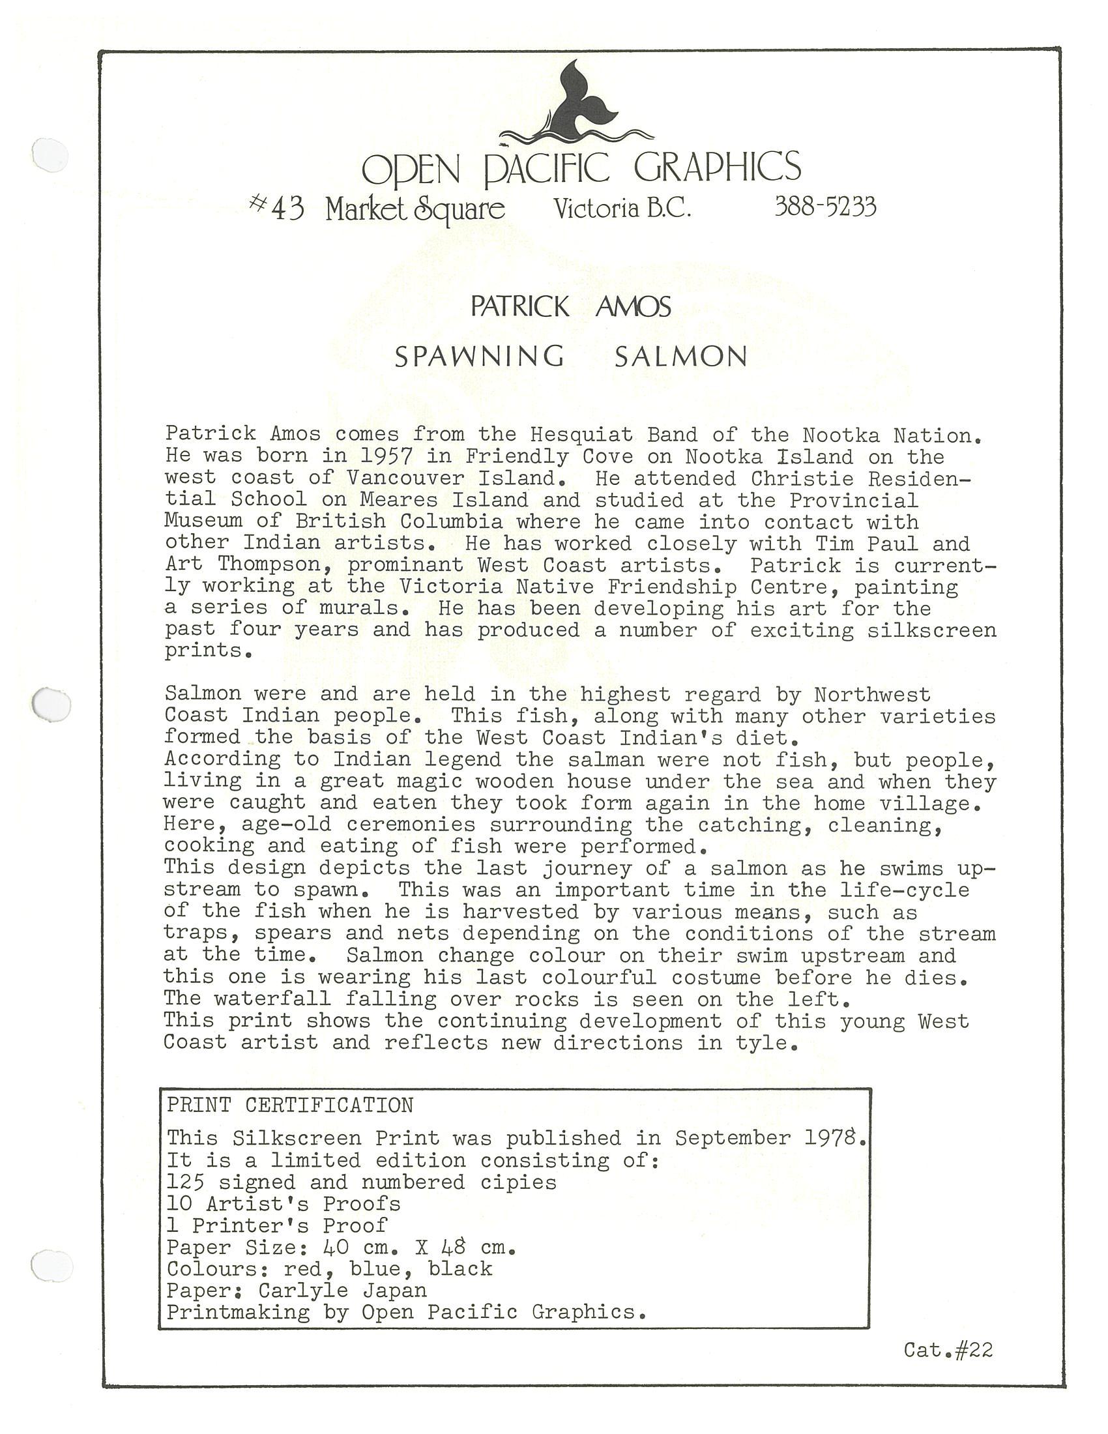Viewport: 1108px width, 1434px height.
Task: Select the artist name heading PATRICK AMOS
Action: (570, 307)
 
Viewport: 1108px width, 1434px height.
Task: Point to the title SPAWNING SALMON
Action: (570, 357)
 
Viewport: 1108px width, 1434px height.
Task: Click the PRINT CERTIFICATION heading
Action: (289, 1105)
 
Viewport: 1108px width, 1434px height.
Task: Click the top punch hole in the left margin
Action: (51, 156)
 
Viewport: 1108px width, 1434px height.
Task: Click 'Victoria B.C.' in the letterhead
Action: (622, 209)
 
